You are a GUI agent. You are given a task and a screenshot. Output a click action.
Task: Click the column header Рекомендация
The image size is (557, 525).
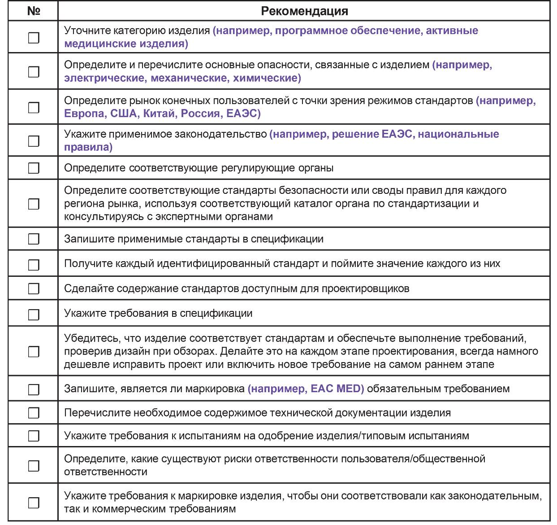(304, 11)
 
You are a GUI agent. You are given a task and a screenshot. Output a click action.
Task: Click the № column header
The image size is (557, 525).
(34, 11)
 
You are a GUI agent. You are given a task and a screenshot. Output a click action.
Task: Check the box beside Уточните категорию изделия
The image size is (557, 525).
(34, 38)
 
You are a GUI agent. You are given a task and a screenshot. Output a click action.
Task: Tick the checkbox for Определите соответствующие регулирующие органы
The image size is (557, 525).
(34, 168)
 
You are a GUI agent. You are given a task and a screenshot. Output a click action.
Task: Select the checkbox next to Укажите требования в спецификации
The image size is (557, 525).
(34, 315)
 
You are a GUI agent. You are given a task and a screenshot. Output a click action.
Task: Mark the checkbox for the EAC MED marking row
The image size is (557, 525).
(34, 389)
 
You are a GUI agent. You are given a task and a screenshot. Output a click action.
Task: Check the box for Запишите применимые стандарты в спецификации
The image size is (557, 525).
(34, 239)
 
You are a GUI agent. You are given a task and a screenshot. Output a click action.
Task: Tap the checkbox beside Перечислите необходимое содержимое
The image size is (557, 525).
(34, 413)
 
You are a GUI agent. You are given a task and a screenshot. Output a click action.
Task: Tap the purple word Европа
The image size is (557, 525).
(84, 114)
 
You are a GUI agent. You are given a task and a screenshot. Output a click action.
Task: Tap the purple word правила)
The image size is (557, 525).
(88, 147)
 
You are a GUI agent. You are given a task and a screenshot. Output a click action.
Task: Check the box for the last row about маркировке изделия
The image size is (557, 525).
(34, 503)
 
